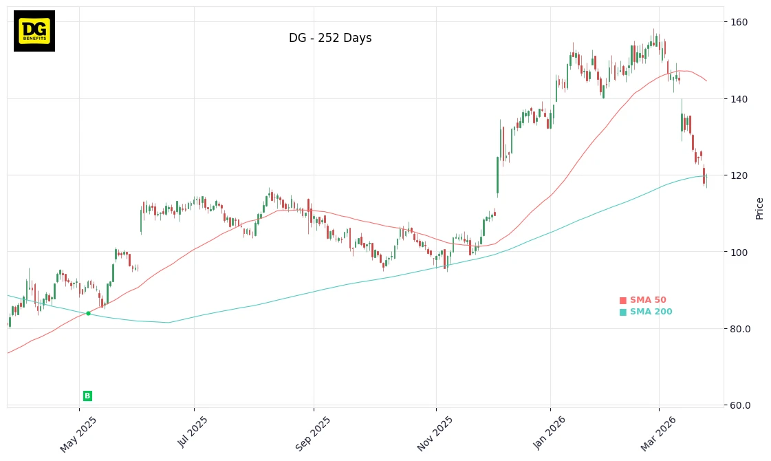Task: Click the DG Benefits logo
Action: pos(34,31)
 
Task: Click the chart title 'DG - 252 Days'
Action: pos(330,39)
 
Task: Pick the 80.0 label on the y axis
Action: pos(741,329)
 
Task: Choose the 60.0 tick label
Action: pos(741,405)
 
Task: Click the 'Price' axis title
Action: pos(759,208)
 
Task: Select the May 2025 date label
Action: pos(78,434)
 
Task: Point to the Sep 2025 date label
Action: pos(313,434)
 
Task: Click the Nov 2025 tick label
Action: pos(435,434)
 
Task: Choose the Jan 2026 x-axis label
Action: pos(548,434)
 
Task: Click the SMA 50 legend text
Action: pos(648,300)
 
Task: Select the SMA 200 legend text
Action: pos(651,312)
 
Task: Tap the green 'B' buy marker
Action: pos(87,396)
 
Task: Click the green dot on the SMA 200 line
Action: pos(88,313)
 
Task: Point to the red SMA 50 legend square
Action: pos(623,300)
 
